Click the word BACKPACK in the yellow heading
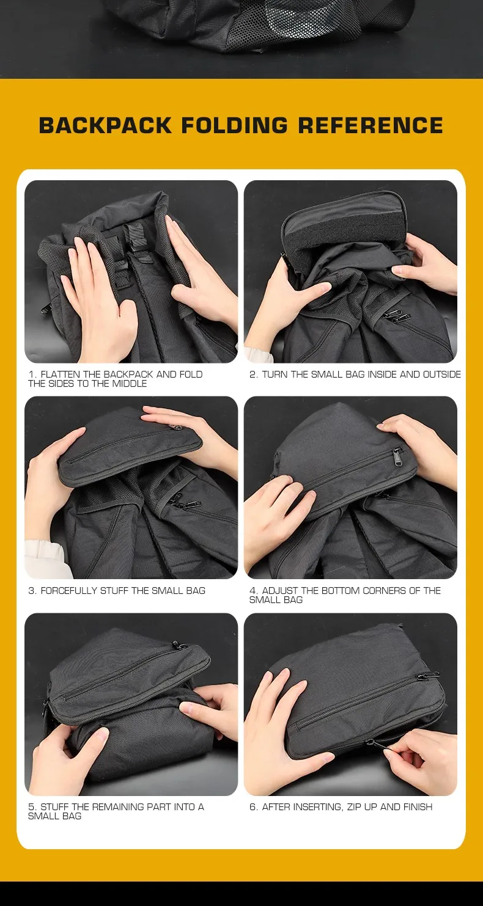[x=105, y=125]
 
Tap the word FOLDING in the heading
[x=234, y=125]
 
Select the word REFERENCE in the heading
[x=371, y=125]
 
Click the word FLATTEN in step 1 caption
[x=61, y=374]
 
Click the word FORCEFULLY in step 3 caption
[x=69, y=591]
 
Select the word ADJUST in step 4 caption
[x=280, y=591]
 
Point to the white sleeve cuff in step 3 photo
[x=45, y=558]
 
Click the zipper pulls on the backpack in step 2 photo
[x=397, y=315]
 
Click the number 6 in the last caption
[x=253, y=807]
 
